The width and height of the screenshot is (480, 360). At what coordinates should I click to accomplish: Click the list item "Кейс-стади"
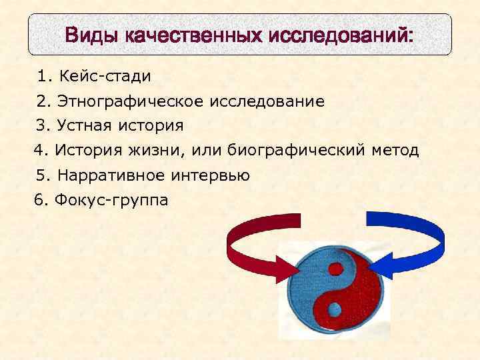pos(104,76)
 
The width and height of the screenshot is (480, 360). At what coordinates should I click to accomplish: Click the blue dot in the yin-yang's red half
pos(334,309)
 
